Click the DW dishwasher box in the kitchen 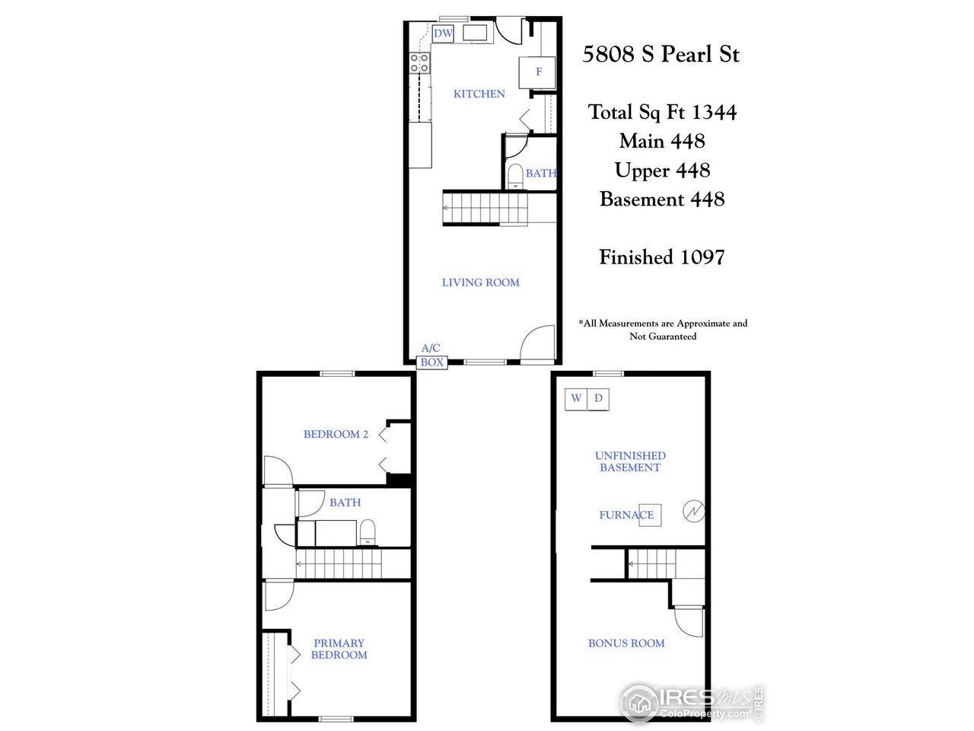pyautogui.click(x=443, y=34)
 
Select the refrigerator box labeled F pyautogui.click(x=538, y=72)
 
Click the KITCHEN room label pyautogui.click(x=479, y=94)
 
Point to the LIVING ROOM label pyautogui.click(x=480, y=283)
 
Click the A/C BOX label pyautogui.click(x=431, y=356)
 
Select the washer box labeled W pyautogui.click(x=576, y=398)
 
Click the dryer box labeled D pyautogui.click(x=598, y=398)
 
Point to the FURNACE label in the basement pyautogui.click(x=626, y=515)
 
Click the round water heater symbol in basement pyautogui.click(x=693, y=512)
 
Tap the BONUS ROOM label pyautogui.click(x=625, y=643)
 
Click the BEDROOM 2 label pyautogui.click(x=336, y=434)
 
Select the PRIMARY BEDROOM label pyautogui.click(x=339, y=649)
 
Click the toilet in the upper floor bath pyautogui.click(x=367, y=531)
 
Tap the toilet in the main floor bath pyautogui.click(x=515, y=175)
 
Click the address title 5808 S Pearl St pyautogui.click(x=660, y=54)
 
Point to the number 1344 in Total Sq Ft pyautogui.click(x=714, y=113)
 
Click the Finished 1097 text pyautogui.click(x=661, y=257)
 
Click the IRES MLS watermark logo pyautogui.click(x=691, y=702)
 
